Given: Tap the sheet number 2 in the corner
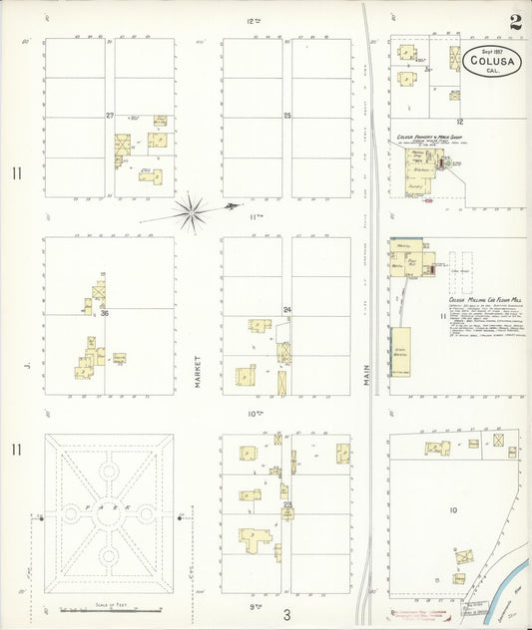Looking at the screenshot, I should pyautogui.click(x=514, y=21).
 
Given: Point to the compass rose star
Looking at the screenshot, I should pyautogui.click(x=190, y=211).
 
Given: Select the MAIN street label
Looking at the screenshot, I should pyautogui.click(x=367, y=373).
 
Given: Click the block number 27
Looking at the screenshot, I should pyautogui.click(x=110, y=116).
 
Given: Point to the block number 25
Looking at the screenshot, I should pyautogui.click(x=287, y=117).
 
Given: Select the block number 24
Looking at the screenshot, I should pyautogui.click(x=286, y=310).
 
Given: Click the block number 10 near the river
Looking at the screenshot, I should pyautogui.click(x=452, y=510).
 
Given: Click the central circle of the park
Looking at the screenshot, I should pyautogui.click(x=109, y=512).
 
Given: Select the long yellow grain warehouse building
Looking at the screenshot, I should pyautogui.click(x=399, y=351).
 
